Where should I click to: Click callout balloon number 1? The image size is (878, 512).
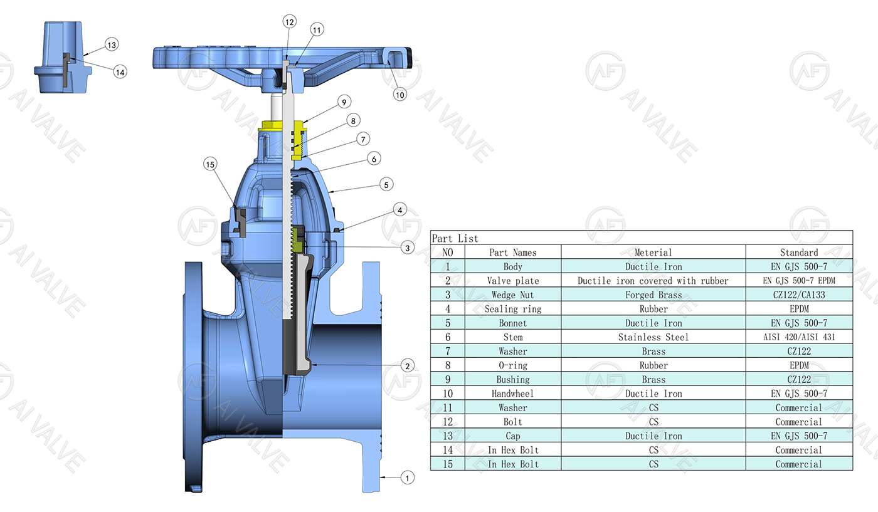click(x=407, y=478)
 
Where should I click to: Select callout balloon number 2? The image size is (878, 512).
click(x=407, y=365)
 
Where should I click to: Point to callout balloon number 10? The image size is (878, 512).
click(x=400, y=95)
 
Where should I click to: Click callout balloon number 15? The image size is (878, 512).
click(x=210, y=164)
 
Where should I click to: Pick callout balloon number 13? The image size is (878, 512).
click(x=111, y=45)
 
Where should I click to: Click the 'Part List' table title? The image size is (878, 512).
click(x=455, y=238)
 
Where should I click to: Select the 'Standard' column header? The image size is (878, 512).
click(x=798, y=253)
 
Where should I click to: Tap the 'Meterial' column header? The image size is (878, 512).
click(x=653, y=253)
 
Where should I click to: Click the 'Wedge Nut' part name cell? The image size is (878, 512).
click(x=512, y=295)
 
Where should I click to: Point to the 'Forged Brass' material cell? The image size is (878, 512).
click(x=653, y=295)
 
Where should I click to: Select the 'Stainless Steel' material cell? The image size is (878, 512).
click(x=653, y=337)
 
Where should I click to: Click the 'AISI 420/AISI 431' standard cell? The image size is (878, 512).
click(x=798, y=337)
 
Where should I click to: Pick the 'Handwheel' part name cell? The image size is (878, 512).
click(x=512, y=394)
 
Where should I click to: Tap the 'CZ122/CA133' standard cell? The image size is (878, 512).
click(x=798, y=295)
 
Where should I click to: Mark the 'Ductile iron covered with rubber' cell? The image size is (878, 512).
click(x=653, y=281)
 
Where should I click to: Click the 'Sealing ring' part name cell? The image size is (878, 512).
click(x=512, y=309)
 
